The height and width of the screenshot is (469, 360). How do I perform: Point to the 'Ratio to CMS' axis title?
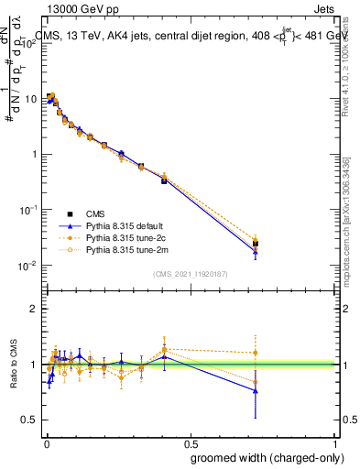pyautogui.click(x=15, y=364)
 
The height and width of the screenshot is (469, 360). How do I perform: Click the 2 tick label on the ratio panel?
pyautogui.click(x=34, y=309)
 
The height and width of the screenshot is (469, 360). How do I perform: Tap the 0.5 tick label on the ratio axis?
pyautogui.click(x=29, y=420)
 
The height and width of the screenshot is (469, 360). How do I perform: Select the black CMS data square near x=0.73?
pyautogui.click(x=256, y=244)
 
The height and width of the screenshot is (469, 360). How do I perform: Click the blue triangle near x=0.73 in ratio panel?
pyautogui.click(x=256, y=390)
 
